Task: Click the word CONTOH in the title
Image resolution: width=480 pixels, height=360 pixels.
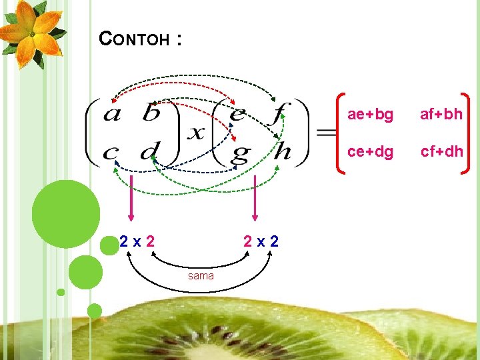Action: tap(133, 39)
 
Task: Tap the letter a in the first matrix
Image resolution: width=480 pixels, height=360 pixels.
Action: tap(112, 115)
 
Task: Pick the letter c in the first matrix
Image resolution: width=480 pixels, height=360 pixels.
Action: tap(111, 153)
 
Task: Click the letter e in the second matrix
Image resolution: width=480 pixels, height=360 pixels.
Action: tap(237, 114)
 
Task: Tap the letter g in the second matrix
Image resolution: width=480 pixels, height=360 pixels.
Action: tap(239, 154)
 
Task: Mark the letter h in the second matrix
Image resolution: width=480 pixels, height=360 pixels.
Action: tap(283, 151)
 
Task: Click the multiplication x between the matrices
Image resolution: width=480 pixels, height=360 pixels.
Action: tap(195, 133)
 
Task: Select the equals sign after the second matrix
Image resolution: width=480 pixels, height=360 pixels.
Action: tap(325, 133)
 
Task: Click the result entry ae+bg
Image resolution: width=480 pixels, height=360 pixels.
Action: tap(370, 114)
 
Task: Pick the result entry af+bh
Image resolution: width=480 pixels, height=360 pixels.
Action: tap(441, 114)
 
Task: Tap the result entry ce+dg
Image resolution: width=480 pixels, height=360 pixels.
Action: tap(370, 151)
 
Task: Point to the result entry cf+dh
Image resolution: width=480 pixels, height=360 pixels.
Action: tap(441, 151)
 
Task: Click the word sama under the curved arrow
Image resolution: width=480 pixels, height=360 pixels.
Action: tap(201, 275)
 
